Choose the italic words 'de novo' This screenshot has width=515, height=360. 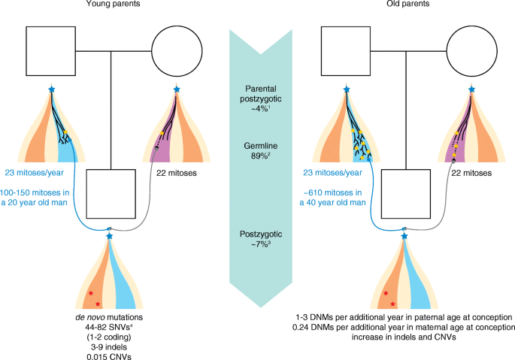click(82, 318)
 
